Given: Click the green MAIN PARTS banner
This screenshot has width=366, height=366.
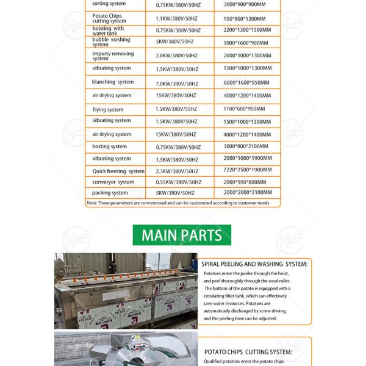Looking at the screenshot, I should tap(182, 235).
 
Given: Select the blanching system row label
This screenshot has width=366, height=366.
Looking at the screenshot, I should tap(113, 82).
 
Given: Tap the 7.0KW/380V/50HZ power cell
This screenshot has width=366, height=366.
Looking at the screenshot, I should tap(177, 84).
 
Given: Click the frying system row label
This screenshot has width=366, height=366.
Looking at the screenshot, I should tap(108, 110).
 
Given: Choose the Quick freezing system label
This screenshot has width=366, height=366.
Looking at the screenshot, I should tap(118, 171).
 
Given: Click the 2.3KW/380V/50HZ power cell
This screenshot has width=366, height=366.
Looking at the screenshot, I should tap(177, 171).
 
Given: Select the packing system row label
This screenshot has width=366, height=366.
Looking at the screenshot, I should tap(110, 193).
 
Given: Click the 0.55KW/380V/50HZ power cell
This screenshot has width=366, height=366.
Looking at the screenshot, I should tap(178, 182).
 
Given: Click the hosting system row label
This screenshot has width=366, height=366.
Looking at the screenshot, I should tap(110, 146).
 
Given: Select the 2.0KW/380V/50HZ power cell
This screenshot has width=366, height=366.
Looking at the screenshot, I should tap(177, 55).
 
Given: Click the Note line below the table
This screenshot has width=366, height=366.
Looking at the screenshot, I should tap(178, 203).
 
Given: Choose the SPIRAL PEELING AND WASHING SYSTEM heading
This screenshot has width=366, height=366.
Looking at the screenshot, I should tap(256, 264).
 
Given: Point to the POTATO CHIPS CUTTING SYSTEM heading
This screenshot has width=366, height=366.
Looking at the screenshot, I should tap(248, 352).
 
